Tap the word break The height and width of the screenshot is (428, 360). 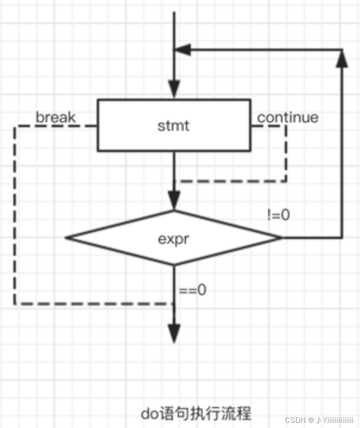(55, 117)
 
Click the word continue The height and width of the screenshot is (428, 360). (287, 117)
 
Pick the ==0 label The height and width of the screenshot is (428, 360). (192, 290)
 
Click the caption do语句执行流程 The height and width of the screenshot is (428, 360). (196, 413)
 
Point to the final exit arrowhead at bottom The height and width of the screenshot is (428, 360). (174, 334)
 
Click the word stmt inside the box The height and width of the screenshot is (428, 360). (174, 125)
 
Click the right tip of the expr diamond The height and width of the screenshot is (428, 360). (280, 238)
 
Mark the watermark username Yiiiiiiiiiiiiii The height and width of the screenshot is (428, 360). (337, 420)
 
